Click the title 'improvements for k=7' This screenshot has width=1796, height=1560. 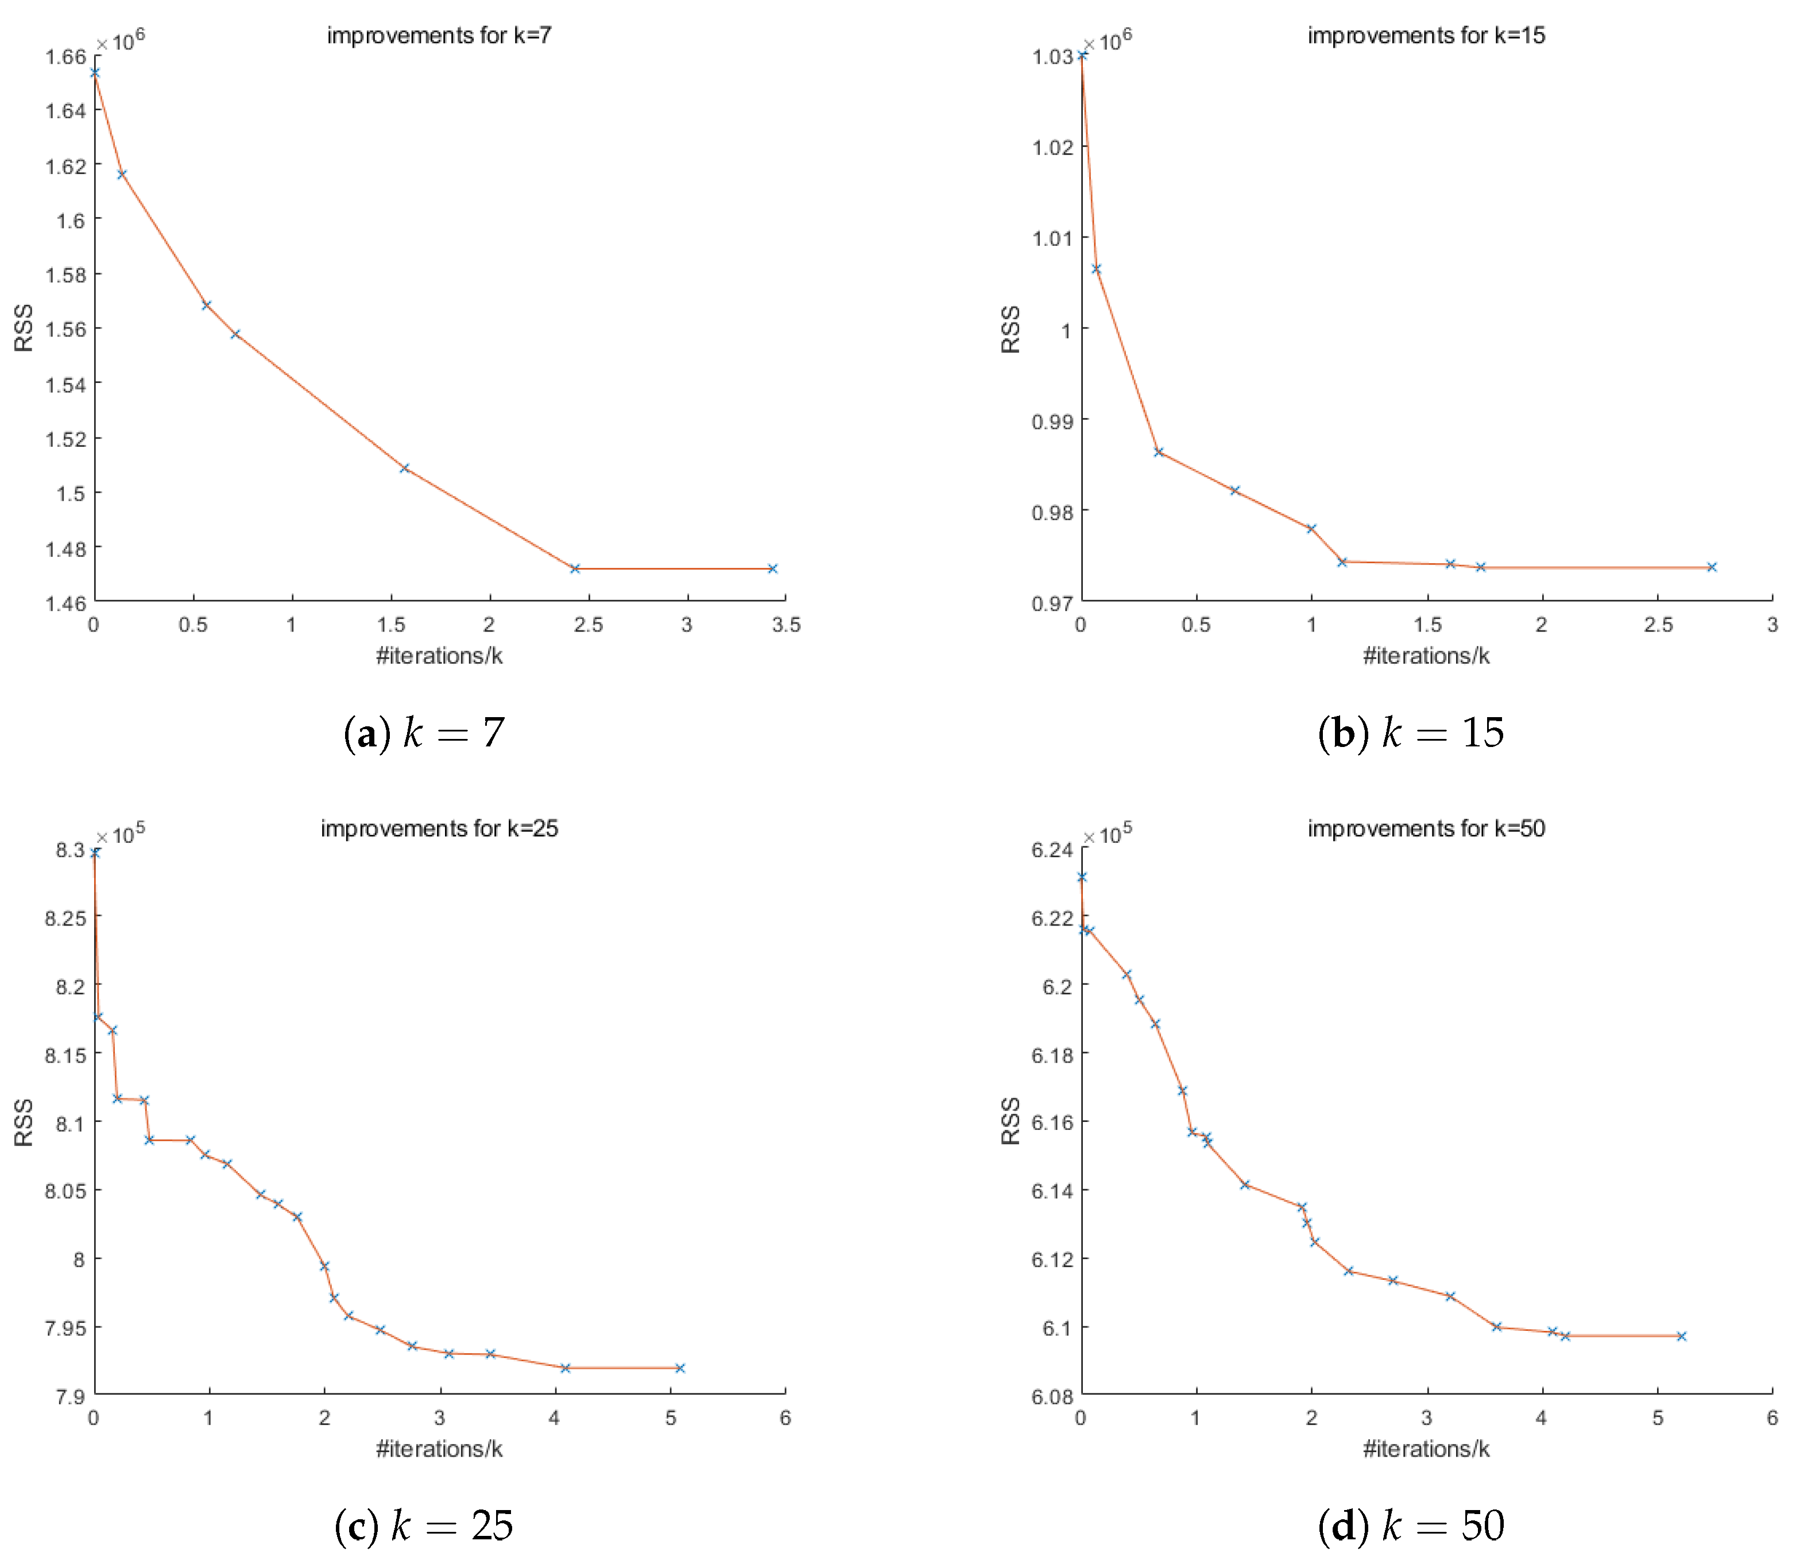(x=439, y=36)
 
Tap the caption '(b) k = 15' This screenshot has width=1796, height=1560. (x=1410, y=732)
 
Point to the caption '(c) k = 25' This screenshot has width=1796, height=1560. (x=424, y=1525)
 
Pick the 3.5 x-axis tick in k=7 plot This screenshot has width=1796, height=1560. (x=785, y=624)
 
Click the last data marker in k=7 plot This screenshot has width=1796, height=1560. (x=772, y=568)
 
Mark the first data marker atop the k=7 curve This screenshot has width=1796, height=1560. (x=95, y=72)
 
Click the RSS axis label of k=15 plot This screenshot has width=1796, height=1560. (x=1010, y=329)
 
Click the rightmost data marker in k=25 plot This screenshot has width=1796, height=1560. (x=680, y=1368)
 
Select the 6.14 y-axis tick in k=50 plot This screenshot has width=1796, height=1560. (x=1052, y=1190)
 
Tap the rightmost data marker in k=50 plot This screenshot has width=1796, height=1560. (x=1681, y=1336)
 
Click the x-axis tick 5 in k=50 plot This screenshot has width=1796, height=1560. (x=1656, y=1417)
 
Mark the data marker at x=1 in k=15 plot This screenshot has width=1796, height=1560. (x=1311, y=528)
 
